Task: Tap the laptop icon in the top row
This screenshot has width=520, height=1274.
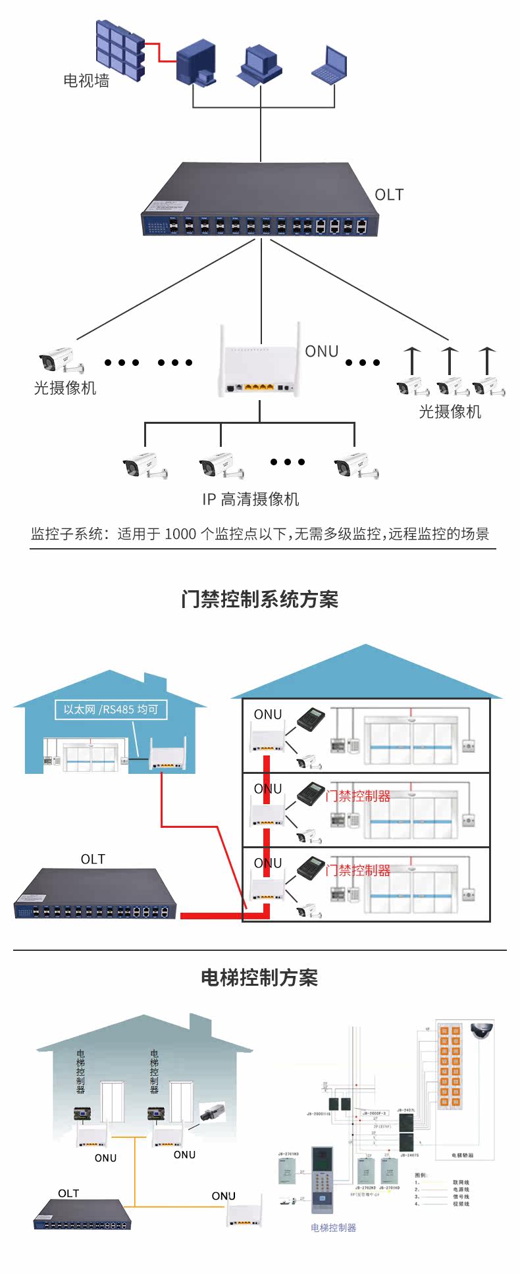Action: point(329,64)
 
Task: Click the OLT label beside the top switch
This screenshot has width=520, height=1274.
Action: point(388,195)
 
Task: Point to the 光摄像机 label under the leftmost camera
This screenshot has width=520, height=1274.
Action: point(65,388)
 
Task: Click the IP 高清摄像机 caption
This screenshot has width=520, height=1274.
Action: point(251,499)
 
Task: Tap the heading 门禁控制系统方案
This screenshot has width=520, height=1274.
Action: point(259,599)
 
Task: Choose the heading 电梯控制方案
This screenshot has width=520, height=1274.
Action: point(259,978)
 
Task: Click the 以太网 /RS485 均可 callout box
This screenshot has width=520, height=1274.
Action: point(111,709)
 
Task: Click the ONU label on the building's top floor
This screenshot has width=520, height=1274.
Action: point(268,715)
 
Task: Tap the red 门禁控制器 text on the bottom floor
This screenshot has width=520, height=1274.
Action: point(359,870)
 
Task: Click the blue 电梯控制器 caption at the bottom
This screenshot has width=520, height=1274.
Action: point(333,1227)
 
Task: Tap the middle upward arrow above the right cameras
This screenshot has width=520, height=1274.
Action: point(449,361)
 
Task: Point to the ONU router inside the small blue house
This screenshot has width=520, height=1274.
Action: point(168,755)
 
